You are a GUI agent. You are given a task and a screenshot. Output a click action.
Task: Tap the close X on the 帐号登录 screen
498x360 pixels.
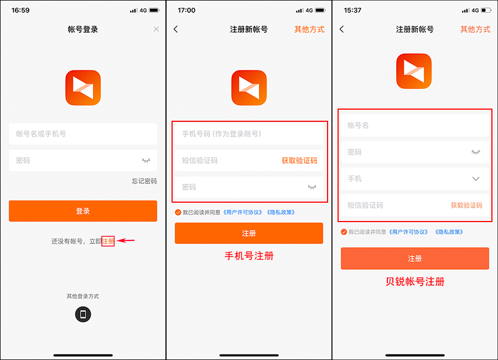click(x=156, y=29)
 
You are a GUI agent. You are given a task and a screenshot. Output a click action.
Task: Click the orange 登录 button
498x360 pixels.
click(x=83, y=211)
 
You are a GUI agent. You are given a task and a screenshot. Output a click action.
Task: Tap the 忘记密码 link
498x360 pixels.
click(x=144, y=181)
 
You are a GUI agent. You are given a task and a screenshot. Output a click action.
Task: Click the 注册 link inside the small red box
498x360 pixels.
click(x=108, y=241)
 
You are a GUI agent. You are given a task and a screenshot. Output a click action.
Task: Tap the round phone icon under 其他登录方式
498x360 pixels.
click(x=83, y=315)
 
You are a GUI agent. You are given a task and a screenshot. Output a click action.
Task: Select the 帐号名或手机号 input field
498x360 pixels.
click(x=83, y=134)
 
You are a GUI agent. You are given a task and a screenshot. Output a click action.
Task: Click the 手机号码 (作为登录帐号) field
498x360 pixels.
click(x=248, y=134)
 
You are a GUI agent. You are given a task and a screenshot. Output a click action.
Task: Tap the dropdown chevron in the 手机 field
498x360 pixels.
click(x=475, y=179)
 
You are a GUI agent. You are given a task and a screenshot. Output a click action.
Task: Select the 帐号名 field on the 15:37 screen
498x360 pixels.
click(x=414, y=126)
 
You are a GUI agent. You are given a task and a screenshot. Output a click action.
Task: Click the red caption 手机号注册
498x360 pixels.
click(x=249, y=256)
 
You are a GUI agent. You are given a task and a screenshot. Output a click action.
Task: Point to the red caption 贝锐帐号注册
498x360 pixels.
click(x=415, y=281)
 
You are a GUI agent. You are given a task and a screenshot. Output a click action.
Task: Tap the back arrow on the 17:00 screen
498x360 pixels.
click(x=176, y=29)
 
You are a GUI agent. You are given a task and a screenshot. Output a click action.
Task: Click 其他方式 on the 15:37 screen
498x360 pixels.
click(x=475, y=29)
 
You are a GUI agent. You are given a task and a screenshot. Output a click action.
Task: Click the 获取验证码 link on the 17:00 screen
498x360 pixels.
click(x=299, y=161)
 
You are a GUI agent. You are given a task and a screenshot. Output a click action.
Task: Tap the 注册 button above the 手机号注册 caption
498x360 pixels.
click(x=249, y=233)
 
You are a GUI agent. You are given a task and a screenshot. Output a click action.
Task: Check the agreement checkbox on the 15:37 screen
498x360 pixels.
click(x=344, y=232)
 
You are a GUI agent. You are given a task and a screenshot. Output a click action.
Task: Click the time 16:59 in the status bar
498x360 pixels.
click(x=20, y=10)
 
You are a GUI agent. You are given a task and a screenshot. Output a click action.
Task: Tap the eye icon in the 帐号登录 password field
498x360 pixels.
click(x=146, y=161)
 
